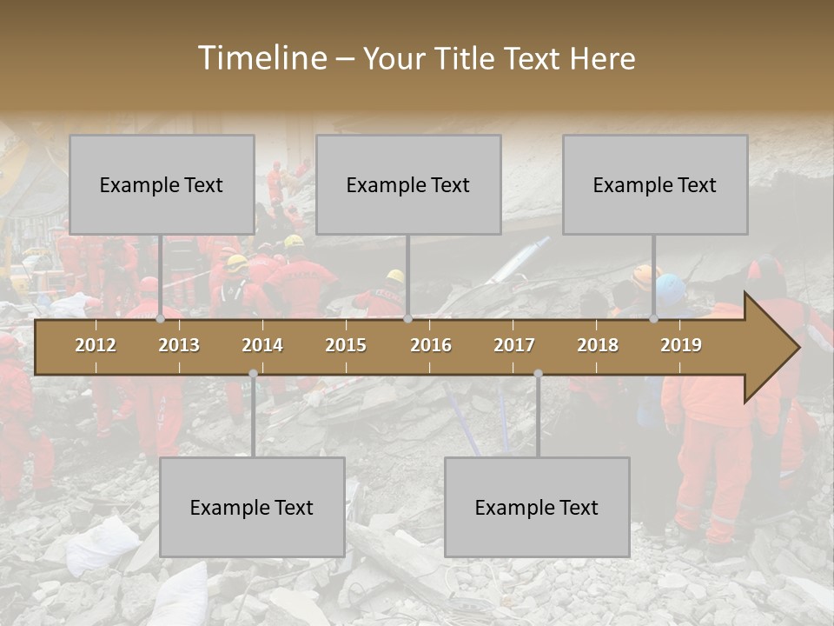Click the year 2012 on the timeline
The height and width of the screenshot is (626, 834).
[96, 345]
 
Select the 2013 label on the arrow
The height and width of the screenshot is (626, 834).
[179, 345]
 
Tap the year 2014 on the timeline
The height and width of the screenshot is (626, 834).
[262, 345]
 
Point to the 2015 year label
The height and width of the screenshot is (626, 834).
[346, 345]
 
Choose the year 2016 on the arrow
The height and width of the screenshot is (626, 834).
[431, 345]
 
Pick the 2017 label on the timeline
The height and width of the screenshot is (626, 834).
[514, 345]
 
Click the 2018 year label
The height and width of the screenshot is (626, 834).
[598, 345]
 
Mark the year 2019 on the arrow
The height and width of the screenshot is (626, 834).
[681, 345]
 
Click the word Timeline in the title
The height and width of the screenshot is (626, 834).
[261, 58]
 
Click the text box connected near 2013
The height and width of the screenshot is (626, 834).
[162, 184]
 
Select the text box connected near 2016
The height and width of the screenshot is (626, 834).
[408, 184]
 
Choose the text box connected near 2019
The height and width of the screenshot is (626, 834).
[655, 184]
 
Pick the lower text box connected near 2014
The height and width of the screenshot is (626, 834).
[252, 507]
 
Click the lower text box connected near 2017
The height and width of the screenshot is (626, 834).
[537, 507]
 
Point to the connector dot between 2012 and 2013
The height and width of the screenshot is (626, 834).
[160, 319]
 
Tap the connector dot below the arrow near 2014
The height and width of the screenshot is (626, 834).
[253, 374]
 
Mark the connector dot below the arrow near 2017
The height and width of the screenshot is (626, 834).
[538, 374]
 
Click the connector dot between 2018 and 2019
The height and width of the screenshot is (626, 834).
[653, 319]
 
